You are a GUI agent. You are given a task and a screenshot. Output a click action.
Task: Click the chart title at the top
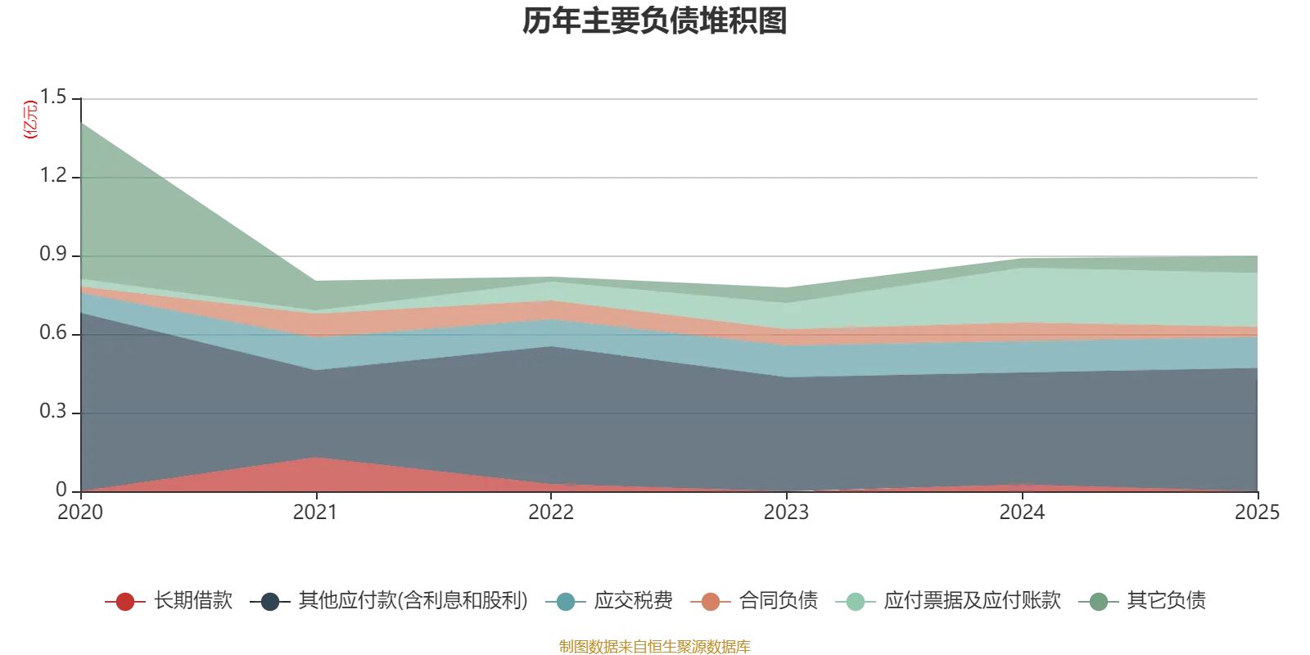point(655,23)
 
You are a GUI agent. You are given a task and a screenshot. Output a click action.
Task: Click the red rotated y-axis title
point(30,120)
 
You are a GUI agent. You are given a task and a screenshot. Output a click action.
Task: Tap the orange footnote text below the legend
point(655,645)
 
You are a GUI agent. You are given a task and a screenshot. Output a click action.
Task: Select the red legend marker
point(124,602)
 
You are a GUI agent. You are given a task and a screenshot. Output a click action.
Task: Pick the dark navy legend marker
point(269,602)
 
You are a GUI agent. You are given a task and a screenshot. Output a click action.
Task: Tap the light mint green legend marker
point(855,602)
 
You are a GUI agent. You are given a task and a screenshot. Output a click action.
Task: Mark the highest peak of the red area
point(316,458)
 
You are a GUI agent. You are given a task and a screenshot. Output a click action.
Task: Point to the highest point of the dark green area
point(81,123)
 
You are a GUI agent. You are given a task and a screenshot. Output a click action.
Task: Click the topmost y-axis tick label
point(58,96)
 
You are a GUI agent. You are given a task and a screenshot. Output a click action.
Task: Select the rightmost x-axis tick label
point(1258,513)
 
